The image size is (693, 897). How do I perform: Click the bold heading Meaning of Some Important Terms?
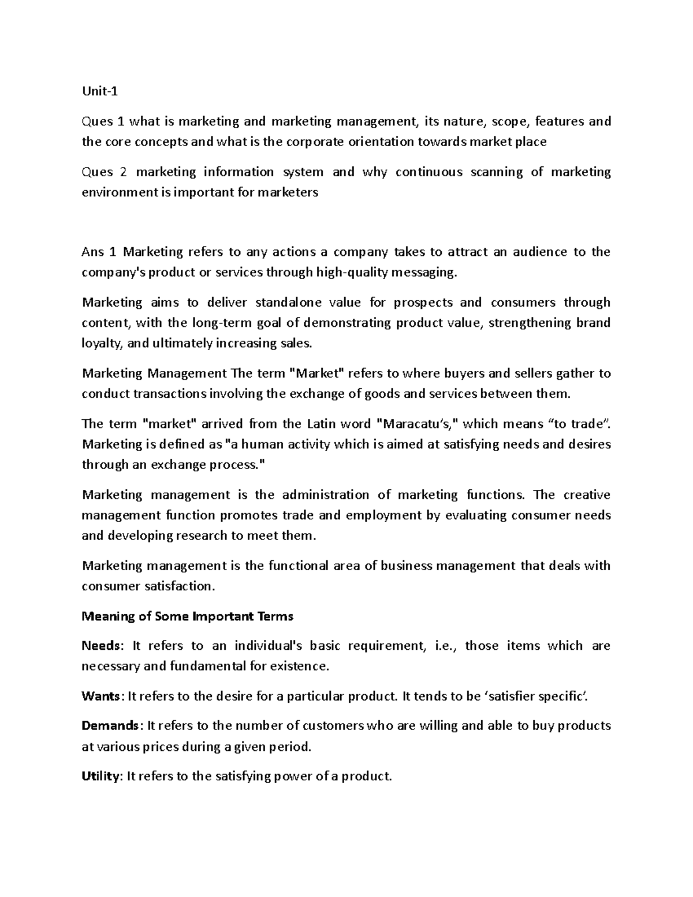point(188,616)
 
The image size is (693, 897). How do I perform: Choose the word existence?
point(300,667)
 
